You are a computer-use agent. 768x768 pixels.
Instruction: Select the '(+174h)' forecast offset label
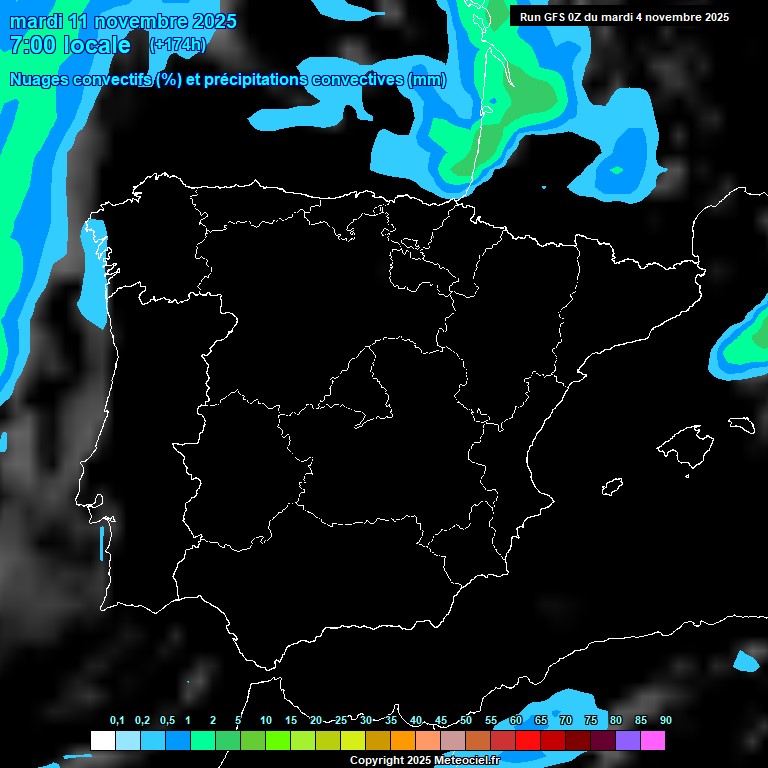point(177,45)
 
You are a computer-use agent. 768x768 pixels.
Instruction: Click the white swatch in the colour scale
point(102,740)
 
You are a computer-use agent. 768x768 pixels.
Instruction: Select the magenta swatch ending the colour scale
point(653,740)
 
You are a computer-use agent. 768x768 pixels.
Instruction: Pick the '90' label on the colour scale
point(666,721)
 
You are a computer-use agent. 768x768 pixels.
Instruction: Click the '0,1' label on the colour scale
point(117,721)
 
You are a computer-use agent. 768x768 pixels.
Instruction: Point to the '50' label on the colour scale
point(466,721)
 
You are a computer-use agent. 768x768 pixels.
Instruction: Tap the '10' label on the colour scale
point(266,721)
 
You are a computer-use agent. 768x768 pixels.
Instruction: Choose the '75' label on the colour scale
point(591,721)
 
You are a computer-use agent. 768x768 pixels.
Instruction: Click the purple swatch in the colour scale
point(628,740)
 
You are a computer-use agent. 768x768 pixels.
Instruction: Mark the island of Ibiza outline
point(612,487)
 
